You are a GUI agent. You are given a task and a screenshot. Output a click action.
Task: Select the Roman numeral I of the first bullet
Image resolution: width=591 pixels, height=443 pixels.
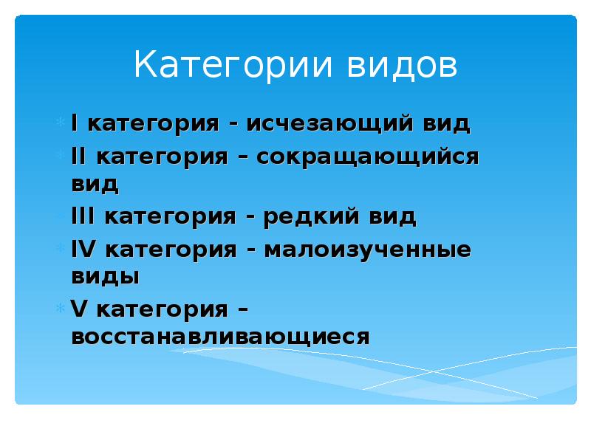(x=74, y=123)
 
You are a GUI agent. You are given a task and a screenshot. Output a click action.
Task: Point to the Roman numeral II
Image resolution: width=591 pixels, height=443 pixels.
(x=79, y=157)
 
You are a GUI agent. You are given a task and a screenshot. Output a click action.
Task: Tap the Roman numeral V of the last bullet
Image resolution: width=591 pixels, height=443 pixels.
(x=78, y=309)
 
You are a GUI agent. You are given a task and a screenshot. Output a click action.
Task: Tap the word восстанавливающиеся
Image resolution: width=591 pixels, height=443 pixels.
(x=219, y=337)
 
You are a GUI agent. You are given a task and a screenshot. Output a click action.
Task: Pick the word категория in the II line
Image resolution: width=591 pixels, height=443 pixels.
(x=165, y=158)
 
